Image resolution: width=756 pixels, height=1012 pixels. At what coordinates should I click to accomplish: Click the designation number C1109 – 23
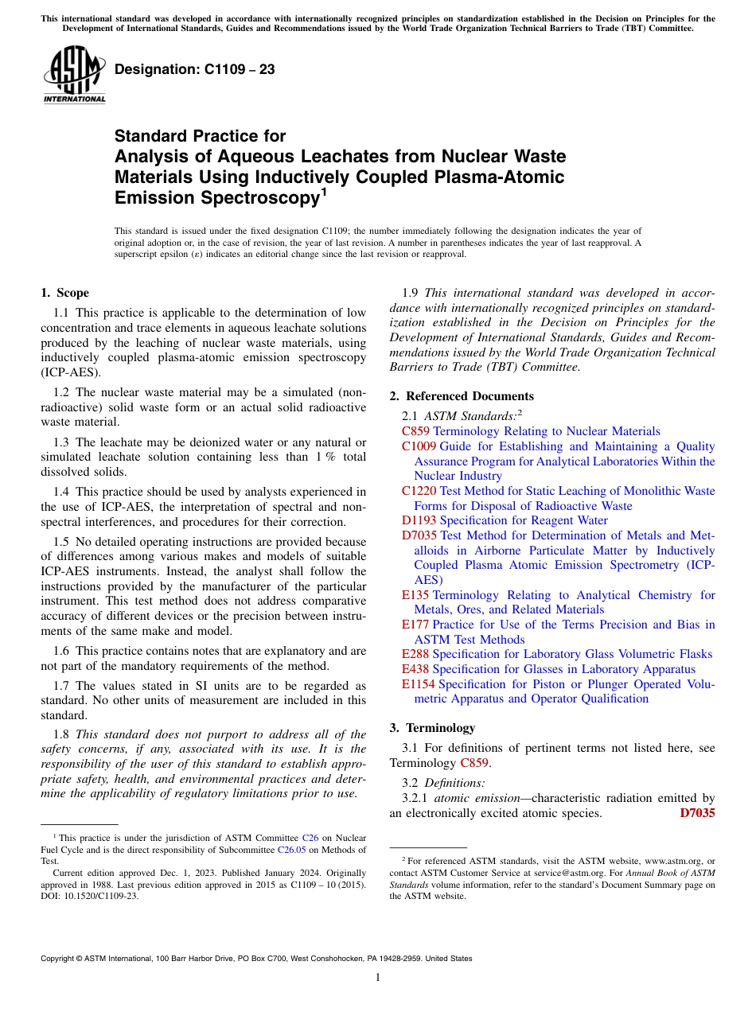tap(195, 69)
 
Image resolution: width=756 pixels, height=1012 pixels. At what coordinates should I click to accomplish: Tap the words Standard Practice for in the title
tap(200, 136)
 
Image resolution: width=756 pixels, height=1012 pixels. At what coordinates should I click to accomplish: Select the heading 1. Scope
tap(64, 293)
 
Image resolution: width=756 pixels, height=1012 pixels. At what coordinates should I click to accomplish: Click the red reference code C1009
tap(419, 446)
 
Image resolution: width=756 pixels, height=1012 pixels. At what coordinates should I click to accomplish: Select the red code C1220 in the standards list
tap(419, 491)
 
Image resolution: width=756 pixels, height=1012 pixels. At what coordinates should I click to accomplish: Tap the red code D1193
tap(419, 520)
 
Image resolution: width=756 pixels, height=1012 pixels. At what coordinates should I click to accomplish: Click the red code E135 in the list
tap(415, 595)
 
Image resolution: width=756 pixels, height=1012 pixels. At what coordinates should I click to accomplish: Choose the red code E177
tap(415, 625)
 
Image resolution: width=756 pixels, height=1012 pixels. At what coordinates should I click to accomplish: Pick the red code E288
tap(415, 654)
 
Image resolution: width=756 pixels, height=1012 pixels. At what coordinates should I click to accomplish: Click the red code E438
tap(415, 669)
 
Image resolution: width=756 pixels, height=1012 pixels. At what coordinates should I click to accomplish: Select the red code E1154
tap(419, 684)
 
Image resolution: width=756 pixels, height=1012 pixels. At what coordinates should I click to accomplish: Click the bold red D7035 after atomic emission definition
tap(697, 813)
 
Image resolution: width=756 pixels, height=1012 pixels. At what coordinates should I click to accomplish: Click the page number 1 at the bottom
tap(378, 978)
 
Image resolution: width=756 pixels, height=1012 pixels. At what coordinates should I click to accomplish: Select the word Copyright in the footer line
tap(60, 959)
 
